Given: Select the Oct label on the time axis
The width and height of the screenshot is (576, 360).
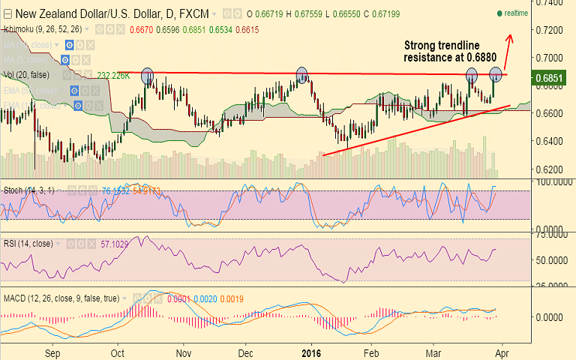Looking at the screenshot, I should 118,351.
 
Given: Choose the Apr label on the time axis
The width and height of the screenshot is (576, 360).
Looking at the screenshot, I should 502,351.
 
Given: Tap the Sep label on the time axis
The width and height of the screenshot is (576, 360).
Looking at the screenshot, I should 52,351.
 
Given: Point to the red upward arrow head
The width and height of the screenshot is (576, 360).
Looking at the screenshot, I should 513,37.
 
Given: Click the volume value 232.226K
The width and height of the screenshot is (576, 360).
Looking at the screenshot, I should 114,75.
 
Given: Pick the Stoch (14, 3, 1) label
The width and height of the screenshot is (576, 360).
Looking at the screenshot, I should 27,190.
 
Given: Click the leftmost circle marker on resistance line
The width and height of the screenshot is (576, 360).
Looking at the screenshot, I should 147,75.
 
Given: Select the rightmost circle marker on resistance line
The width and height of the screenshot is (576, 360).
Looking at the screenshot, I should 496,73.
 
